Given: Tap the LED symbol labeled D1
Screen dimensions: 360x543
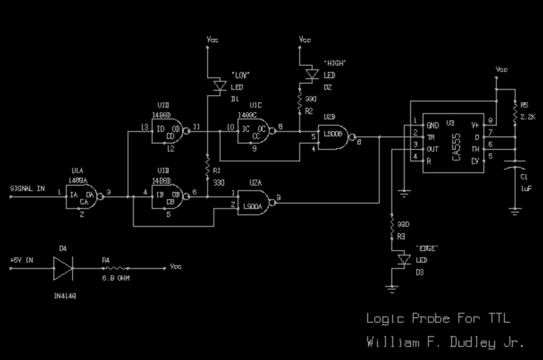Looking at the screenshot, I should coord(219,86).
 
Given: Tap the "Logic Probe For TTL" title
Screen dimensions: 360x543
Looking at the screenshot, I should coord(434,318).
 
